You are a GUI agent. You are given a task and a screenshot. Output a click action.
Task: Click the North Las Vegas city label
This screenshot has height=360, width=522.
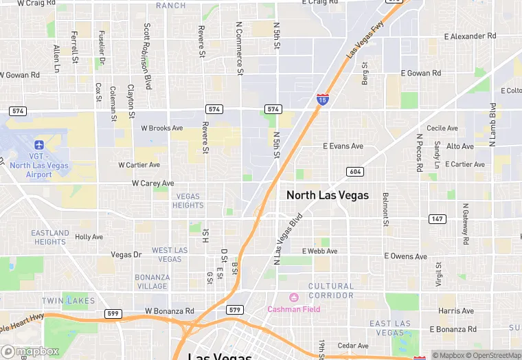tap(328, 195)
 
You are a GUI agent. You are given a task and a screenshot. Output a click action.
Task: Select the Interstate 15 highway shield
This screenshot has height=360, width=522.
tap(322, 100)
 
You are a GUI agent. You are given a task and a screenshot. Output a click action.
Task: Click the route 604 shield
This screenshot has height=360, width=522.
tap(354, 172)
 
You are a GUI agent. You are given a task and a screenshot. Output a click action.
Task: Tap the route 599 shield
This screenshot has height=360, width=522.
tap(113, 313)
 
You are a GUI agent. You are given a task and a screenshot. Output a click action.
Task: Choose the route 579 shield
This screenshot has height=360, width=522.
tap(235, 309)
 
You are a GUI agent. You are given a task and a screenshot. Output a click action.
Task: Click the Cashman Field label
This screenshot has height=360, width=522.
tap(293, 309)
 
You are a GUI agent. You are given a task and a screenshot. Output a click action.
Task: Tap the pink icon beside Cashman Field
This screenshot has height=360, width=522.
tap(294, 297)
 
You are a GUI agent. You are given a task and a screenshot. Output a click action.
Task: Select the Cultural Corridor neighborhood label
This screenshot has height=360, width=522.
tap(331, 291)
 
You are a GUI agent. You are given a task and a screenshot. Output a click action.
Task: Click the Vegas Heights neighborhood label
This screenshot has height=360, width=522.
tap(188, 201)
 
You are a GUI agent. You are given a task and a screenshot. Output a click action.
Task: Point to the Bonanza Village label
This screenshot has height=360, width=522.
tap(152, 282)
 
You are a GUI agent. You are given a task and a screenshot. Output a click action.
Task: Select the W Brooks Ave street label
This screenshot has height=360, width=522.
tap(162, 128)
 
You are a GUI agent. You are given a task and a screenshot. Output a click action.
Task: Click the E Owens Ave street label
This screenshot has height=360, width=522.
tap(405, 256)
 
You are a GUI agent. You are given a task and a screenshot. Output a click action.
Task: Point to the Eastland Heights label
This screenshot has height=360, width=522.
tap(50, 237)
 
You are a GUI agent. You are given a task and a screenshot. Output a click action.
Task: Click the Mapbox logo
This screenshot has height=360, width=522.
tap(30, 351)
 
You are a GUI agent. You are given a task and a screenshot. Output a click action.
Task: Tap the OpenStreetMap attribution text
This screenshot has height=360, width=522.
tap(492, 355)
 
